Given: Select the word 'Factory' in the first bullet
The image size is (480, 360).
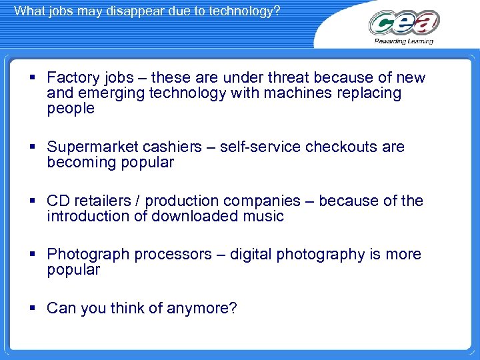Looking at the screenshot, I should [x=72, y=78].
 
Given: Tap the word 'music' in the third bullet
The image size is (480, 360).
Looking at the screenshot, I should [x=264, y=216].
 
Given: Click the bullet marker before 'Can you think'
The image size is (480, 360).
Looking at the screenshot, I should [x=33, y=308].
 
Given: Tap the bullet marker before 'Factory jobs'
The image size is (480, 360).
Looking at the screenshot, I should [x=33, y=78].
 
